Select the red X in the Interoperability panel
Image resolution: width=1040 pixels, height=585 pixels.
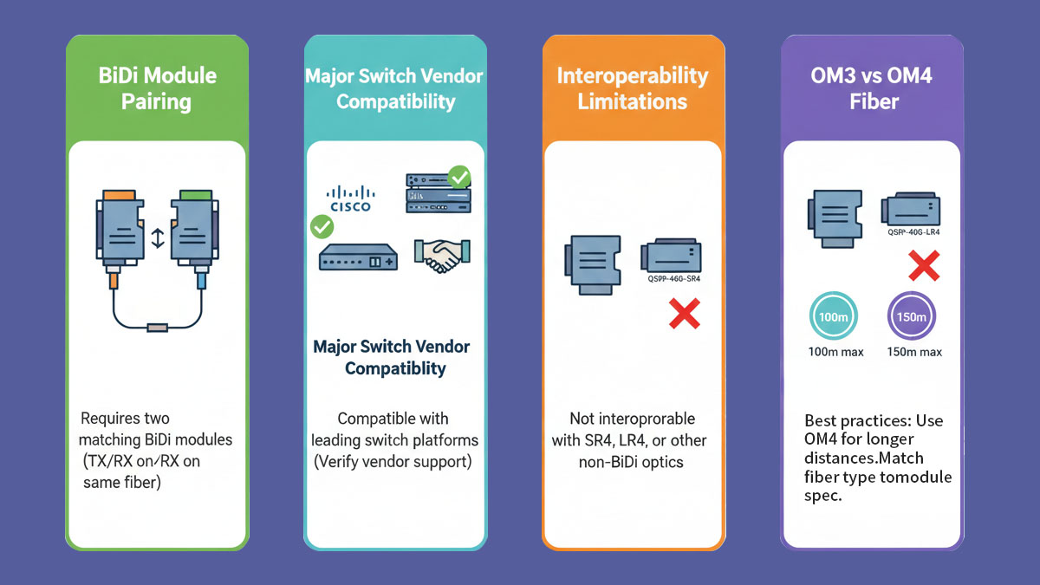pyautogui.click(x=684, y=313)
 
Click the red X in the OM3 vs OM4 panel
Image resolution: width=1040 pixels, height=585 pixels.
pyautogui.click(x=924, y=265)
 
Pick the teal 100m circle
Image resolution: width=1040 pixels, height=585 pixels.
pyautogui.click(x=832, y=317)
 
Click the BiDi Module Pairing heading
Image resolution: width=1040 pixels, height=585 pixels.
pyautogui.click(x=157, y=88)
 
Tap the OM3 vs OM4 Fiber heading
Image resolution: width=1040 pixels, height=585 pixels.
pyautogui.click(x=872, y=88)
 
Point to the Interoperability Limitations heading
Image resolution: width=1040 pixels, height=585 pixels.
pyautogui.click(x=633, y=88)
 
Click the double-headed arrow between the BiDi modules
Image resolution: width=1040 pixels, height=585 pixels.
pyautogui.click(x=158, y=238)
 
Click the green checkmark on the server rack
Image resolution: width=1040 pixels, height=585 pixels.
pyautogui.click(x=460, y=179)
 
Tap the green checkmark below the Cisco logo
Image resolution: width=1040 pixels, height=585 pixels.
pyautogui.click(x=322, y=228)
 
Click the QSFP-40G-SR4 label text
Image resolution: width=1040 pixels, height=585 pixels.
pyautogui.click(x=673, y=279)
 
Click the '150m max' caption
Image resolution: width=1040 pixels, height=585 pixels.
pyautogui.click(x=914, y=352)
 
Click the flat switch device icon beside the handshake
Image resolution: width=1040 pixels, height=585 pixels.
pyautogui.click(x=358, y=257)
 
